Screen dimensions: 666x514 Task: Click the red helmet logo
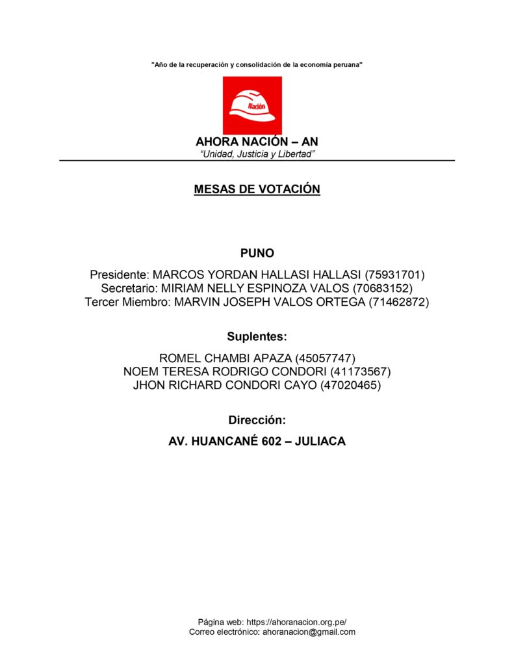click(x=252, y=105)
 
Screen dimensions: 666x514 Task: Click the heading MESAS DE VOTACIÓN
click(x=257, y=189)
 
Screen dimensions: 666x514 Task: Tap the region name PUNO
click(x=257, y=253)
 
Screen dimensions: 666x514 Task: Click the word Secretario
click(x=129, y=287)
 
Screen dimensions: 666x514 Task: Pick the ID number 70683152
click(x=383, y=287)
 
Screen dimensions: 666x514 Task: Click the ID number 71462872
click(x=399, y=302)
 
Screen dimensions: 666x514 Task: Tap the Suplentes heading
click(x=257, y=337)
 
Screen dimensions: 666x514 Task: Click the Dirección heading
click(x=257, y=420)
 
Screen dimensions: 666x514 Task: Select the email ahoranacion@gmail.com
click(x=309, y=632)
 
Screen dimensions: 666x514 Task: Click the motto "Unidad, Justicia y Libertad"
click(x=257, y=153)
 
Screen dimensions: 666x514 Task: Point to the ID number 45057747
click(x=325, y=358)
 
